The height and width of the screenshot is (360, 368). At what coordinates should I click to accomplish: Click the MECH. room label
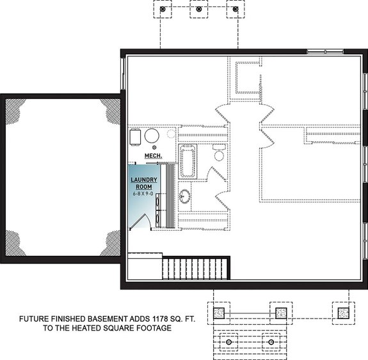152,155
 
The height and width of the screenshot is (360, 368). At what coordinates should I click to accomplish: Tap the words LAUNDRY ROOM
145,182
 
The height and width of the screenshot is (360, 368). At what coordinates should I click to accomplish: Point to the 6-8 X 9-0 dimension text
145,193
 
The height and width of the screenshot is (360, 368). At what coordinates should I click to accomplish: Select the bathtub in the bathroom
187,162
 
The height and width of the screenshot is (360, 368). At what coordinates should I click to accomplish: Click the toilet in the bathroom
219,154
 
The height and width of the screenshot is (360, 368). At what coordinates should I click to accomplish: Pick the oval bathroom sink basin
184,196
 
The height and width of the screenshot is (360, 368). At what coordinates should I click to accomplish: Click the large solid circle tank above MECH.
152,136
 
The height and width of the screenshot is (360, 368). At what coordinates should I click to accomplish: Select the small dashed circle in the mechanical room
170,134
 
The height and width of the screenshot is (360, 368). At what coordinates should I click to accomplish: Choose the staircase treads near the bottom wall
195,267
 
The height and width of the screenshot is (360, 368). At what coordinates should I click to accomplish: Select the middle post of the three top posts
200,10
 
